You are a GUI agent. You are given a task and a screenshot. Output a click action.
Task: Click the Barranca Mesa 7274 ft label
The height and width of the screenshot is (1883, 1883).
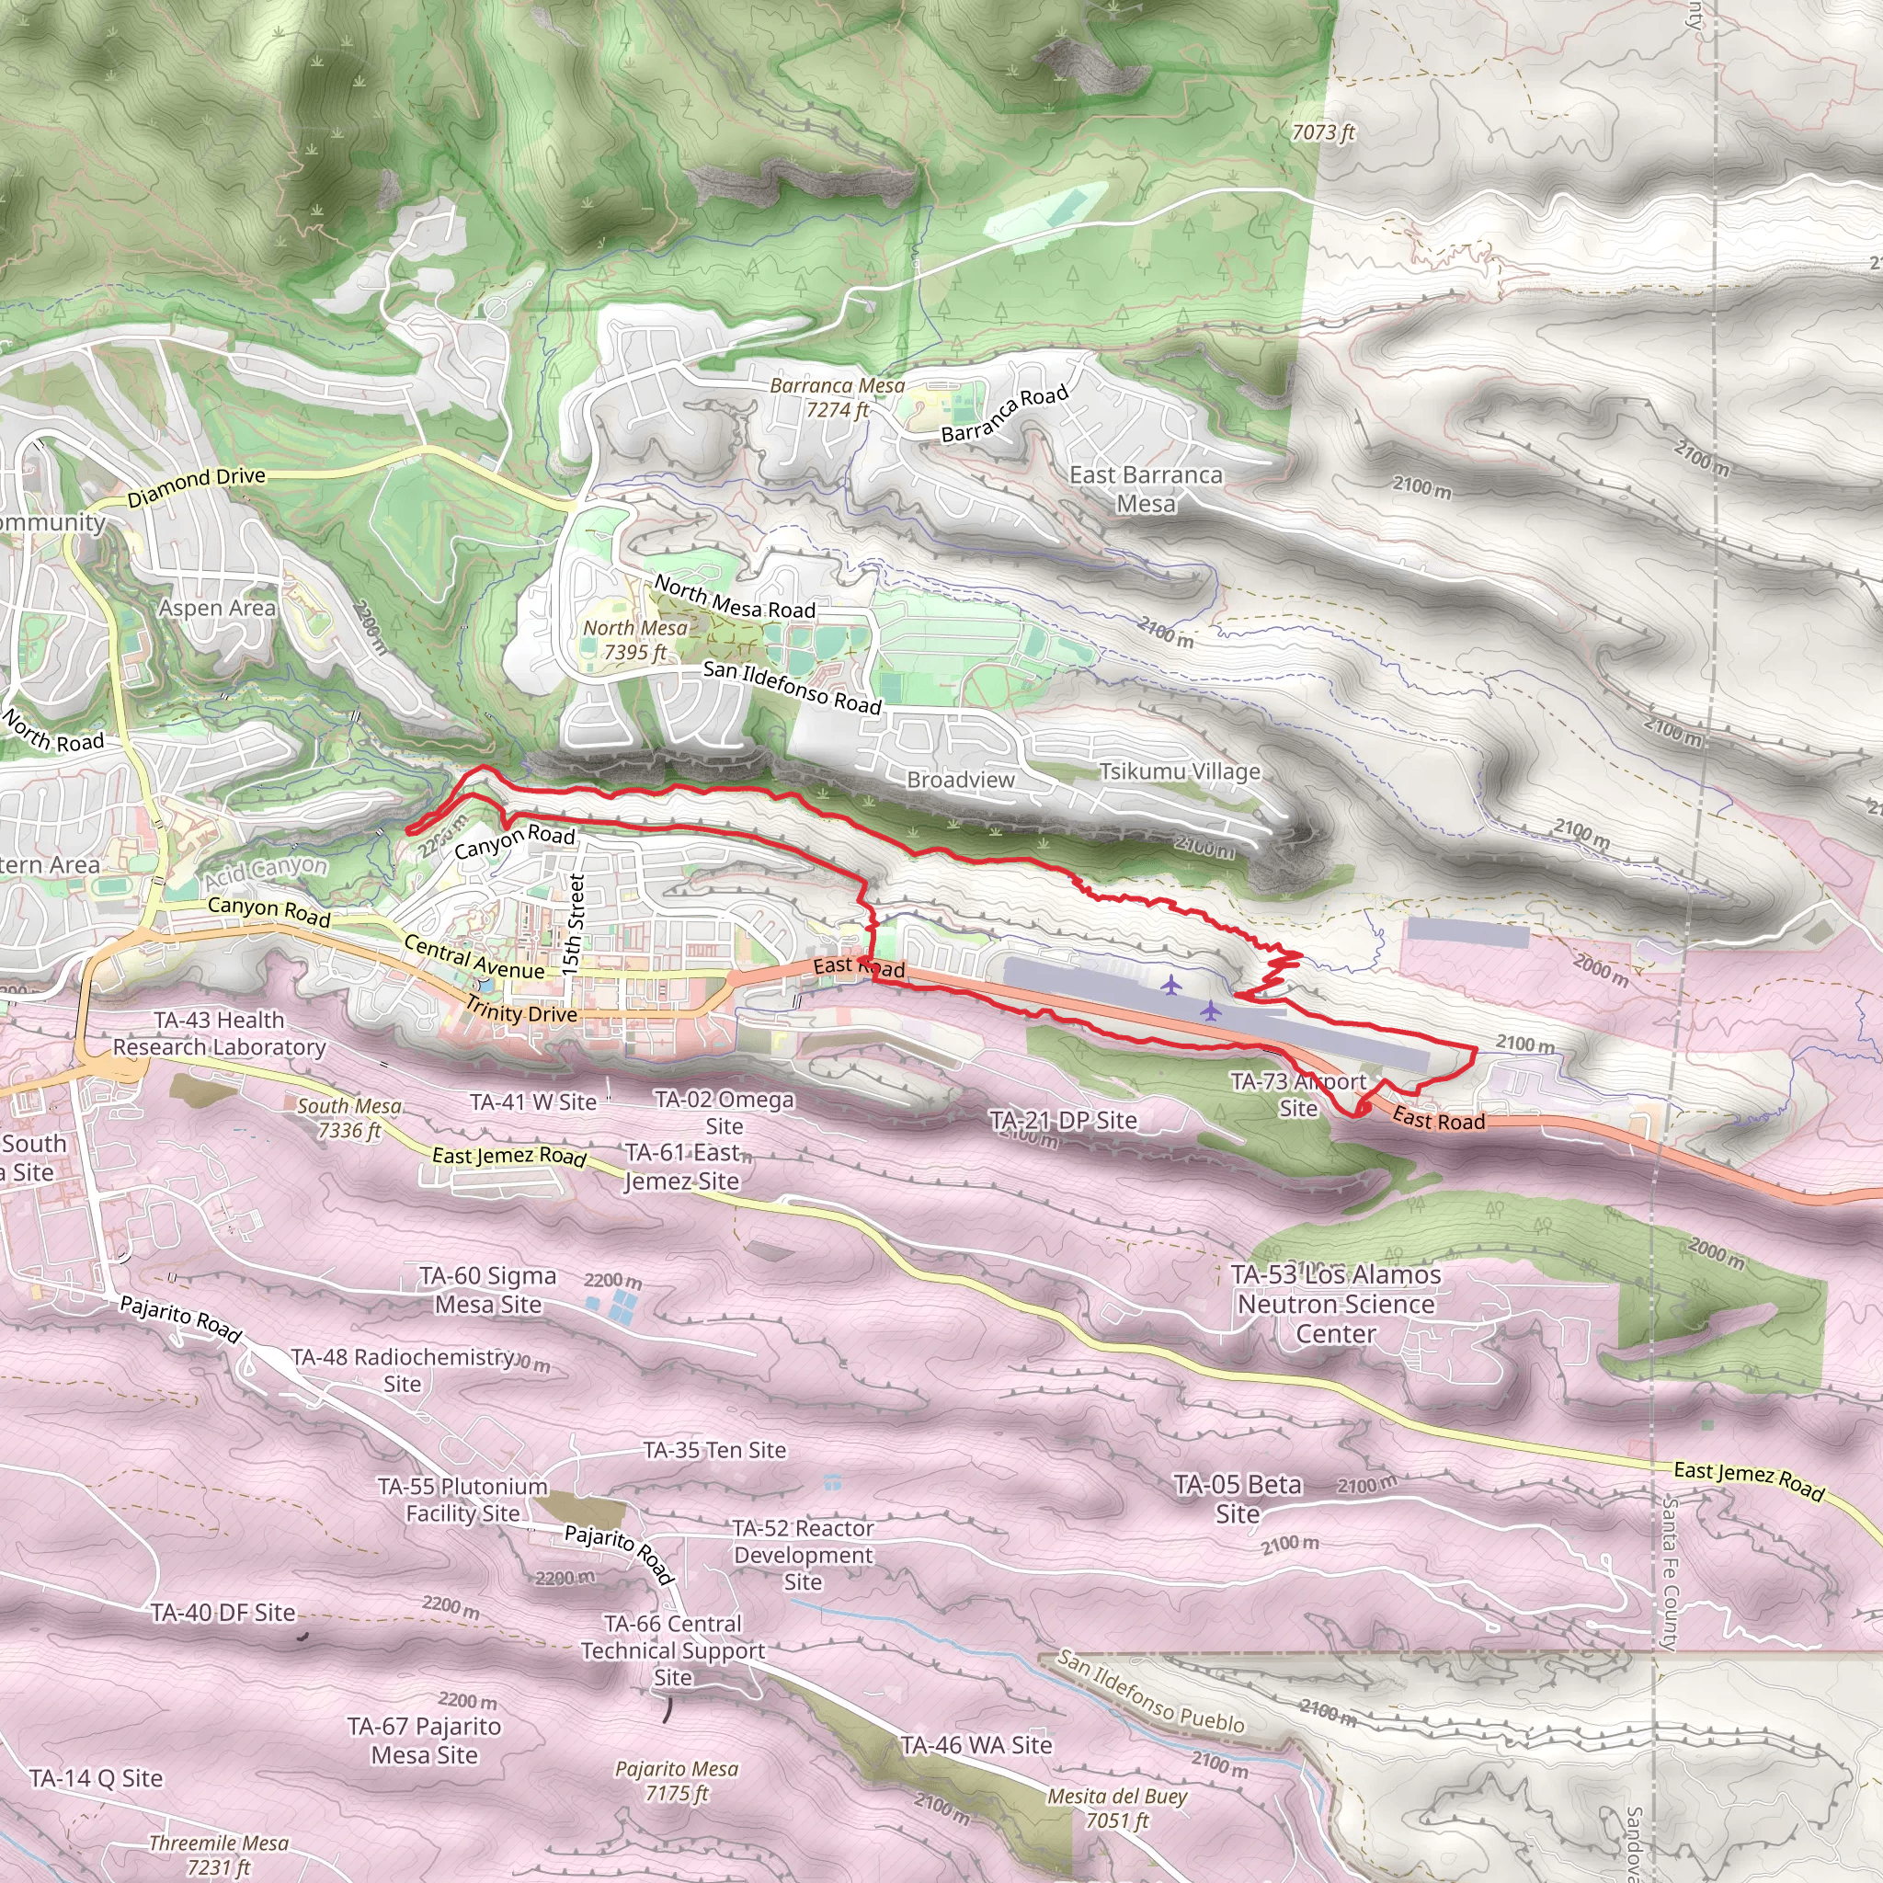coord(837,397)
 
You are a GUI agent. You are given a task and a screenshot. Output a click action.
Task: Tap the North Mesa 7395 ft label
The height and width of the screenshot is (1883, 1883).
coord(634,640)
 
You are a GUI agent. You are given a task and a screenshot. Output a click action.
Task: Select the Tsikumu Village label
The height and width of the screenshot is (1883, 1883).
coord(1180,772)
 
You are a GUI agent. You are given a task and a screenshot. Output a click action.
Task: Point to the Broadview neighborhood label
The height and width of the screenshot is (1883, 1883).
coord(960,780)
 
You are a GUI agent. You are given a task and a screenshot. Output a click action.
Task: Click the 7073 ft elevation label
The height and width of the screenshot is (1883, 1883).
coord(1322,131)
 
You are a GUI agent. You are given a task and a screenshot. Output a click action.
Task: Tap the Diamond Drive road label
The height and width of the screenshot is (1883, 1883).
coord(196,486)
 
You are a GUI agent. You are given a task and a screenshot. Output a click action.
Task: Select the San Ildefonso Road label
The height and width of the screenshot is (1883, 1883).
coord(792,686)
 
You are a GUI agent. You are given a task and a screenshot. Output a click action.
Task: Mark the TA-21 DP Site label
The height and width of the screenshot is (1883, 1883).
coord(1062,1121)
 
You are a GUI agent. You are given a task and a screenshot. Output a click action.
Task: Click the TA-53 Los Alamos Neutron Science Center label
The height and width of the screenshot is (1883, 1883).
coord(1335,1304)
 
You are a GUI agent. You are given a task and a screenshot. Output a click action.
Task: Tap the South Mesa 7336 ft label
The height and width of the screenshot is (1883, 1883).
coord(348,1118)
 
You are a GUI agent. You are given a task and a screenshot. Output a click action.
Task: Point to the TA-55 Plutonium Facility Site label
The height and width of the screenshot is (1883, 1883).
coord(463,1500)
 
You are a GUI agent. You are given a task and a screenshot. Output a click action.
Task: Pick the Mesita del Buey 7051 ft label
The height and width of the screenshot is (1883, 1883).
coord(1117,1808)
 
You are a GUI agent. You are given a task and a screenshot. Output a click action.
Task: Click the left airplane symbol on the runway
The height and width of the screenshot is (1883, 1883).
coord(1170,986)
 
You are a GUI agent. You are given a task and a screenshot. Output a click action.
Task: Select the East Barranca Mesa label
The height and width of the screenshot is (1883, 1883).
coord(1146,489)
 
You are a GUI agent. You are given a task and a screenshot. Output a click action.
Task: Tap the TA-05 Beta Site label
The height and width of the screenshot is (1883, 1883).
coord(1238,1499)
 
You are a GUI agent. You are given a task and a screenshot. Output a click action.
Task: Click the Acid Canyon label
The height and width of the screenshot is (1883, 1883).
coord(265,872)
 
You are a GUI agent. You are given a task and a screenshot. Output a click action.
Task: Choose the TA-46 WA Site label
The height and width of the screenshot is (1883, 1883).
coord(976,1744)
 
